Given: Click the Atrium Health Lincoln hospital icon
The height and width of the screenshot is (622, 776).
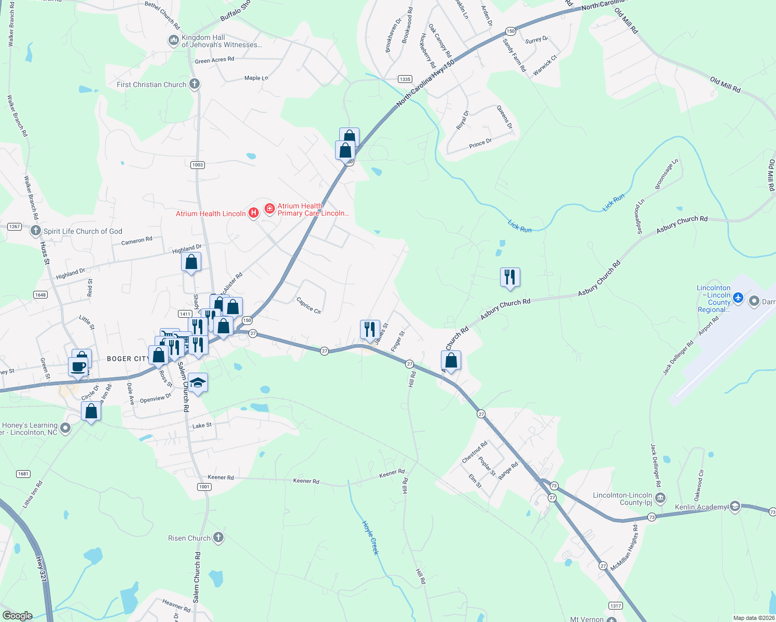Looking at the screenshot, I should (254, 213).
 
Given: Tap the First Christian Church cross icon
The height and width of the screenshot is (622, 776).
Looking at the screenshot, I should (195, 83).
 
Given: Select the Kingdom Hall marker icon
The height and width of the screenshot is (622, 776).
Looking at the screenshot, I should (173, 40).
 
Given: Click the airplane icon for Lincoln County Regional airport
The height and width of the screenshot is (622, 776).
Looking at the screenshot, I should (739, 298).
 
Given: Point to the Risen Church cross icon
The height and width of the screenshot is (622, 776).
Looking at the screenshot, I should (218, 537).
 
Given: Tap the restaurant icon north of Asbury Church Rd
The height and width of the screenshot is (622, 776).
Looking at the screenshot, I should (510, 277).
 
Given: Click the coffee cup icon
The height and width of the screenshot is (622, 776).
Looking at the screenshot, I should (78, 366).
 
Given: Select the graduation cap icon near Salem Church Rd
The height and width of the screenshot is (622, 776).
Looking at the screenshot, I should (198, 383).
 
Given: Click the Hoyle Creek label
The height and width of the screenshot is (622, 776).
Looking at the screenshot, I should (370, 538).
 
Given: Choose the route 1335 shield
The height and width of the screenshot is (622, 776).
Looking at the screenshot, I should (405, 79).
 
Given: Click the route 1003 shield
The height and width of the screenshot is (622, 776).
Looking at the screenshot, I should (197, 165).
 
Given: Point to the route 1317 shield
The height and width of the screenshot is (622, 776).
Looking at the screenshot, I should (615, 606).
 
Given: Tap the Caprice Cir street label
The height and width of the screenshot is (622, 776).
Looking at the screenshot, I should (309, 305).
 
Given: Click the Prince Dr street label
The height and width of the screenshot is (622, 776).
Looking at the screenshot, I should (480, 144).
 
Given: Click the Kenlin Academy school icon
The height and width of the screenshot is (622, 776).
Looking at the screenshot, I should (735, 506).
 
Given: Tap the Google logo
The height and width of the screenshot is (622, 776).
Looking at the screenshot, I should (18, 616).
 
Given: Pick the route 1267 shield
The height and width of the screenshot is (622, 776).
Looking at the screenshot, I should (14, 227).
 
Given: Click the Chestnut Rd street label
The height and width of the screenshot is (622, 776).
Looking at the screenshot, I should (475, 452).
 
